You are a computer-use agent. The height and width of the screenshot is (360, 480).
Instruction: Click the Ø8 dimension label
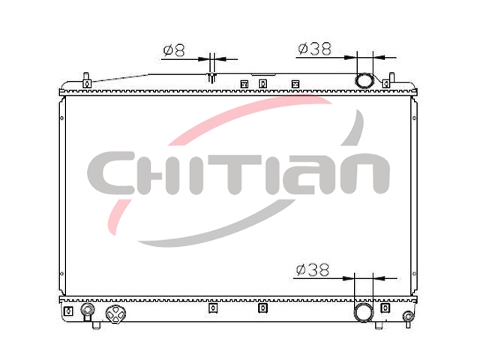coord(175,50)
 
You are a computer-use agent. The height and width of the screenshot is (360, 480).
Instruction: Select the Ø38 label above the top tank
coord(315,49)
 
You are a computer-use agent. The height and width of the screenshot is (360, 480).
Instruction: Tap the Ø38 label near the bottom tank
coord(313,270)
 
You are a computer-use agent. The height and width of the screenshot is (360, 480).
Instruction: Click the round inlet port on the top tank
coord(364,81)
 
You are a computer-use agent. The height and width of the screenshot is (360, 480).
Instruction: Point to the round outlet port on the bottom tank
coord(364,312)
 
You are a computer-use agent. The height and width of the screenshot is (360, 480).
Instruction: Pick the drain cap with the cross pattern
coord(115,314)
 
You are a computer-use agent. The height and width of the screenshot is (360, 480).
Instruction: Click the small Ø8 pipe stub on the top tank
coord(211,78)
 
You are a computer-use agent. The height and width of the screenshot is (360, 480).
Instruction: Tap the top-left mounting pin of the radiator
coord(87,80)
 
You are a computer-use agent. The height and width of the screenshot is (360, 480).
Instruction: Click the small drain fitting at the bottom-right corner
coord(408,319)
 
